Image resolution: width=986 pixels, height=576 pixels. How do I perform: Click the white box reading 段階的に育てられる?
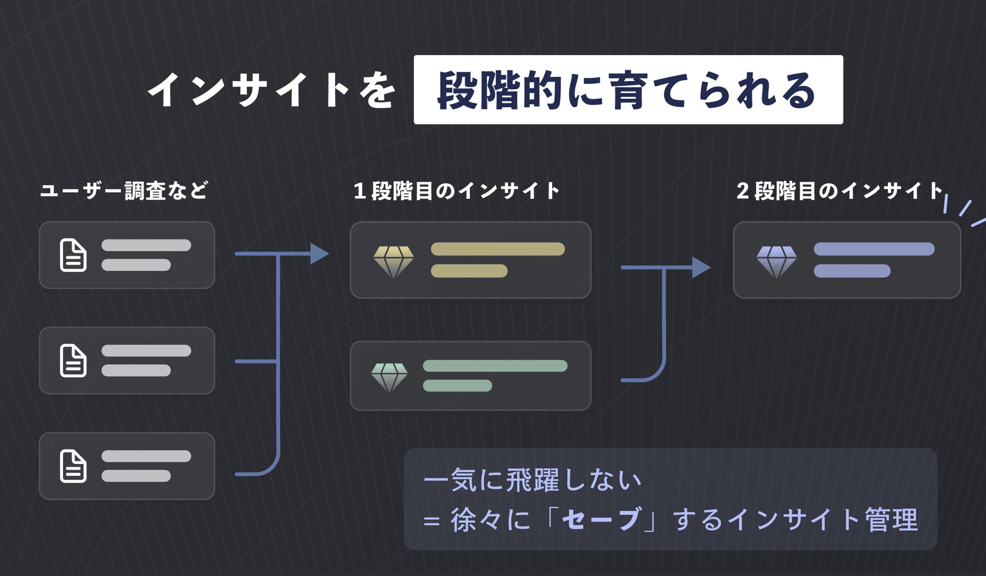pyautogui.click(x=628, y=90)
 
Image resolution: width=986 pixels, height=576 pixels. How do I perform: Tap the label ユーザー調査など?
pyautogui.click(x=124, y=191)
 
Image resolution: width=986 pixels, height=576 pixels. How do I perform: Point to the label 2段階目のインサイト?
pyautogui.click(x=840, y=191)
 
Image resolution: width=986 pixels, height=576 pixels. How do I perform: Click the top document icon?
pyautogui.click(x=73, y=255)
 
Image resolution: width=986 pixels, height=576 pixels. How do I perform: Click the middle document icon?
pyautogui.click(x=73, y=361)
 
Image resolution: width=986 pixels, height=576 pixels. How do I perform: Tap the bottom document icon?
pyautogui.click(x=73, y=466)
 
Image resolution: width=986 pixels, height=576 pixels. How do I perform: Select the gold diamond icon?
pyautogui.click(x=393, y=261)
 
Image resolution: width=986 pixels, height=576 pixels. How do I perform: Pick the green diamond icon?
pyautogui.click(x=389, y=377)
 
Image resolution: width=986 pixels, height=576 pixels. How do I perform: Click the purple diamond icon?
pyautogui.click(x=777, y=261)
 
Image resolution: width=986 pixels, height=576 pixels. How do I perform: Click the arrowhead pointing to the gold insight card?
pyautogui.click(x=319, y=254)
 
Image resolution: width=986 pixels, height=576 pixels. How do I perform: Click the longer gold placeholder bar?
pyautogui.click(x=498, y=249)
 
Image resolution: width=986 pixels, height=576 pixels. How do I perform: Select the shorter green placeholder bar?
pyautogui.click(x=457, y=386)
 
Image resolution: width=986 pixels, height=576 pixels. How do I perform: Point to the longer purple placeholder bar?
pyautogui.click(x=874, y=249)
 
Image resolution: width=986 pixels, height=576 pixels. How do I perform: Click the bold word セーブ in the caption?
pyautogui.click(x=601, y=519)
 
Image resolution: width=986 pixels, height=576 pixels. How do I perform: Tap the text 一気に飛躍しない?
pyautogui.click(x=532, y=480)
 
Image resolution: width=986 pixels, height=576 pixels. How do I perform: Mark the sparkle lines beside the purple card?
pyautogui.click(x=964, y=210)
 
